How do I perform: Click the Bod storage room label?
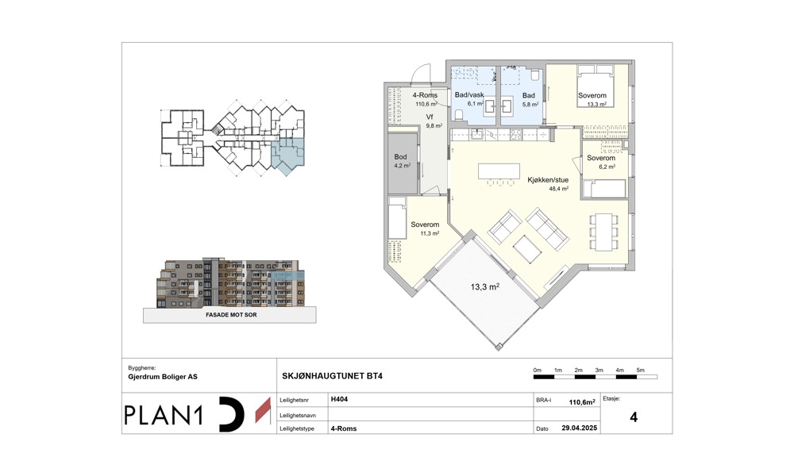[400, 157]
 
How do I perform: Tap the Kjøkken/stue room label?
[548, 180]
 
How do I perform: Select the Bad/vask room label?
[469, 95]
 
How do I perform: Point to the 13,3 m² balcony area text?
[485, 287]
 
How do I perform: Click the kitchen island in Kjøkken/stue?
[499, 171]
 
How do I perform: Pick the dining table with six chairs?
[603, 232]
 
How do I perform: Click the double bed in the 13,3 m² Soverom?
[596, 86]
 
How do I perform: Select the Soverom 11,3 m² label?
[425, 225]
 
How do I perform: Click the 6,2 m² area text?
[607, 167]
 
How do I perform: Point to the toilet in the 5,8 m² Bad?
[534, 75]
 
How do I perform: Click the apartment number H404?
[339, 399]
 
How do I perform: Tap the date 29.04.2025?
[580, 428]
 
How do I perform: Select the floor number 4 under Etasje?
[634, 417]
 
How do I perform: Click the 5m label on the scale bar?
[640, 370]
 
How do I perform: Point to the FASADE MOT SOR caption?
[231, 315]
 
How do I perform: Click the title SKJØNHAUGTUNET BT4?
[332, 376]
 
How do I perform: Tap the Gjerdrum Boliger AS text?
[163, 377]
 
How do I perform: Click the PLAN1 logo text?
[164, 415]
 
